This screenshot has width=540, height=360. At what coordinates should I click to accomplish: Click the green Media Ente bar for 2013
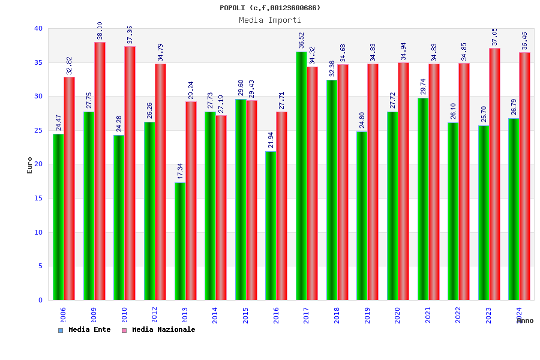click(x=180, y=241)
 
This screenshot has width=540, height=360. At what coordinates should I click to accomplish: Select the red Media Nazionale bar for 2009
click(x=100, y=171)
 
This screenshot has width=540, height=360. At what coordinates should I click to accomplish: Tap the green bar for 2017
click(x=301, y=176)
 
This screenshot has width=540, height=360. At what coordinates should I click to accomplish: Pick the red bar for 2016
click(x=281, y=206)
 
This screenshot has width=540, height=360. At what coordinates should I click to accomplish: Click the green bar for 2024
click(x=514, y=209)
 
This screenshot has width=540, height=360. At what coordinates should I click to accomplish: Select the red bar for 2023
click(x=494, y=174)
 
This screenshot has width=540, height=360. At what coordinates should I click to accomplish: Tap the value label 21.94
click(x=271, y=140)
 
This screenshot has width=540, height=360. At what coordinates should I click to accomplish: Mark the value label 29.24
click(x=191, y=90)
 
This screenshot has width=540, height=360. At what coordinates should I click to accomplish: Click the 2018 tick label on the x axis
click(x=336, y=315)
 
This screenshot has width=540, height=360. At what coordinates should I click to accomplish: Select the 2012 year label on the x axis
click(x=154, y=315)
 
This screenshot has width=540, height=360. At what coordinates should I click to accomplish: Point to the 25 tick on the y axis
click(x=38, y=130)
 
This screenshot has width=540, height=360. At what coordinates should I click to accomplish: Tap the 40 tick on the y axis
click(x=38, y=28)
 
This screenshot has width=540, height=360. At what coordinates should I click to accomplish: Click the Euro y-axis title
click(x=30, y=165)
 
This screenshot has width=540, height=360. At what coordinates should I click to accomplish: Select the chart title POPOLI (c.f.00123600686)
click(x=270, y=8)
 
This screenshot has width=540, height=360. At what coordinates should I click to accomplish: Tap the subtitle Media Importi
click(x=270, y=20)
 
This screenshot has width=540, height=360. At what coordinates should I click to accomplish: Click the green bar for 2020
click(x=392, y=206)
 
